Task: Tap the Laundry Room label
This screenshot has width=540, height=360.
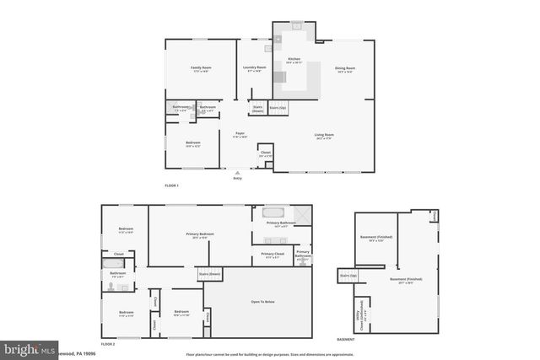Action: (x=256, y=67)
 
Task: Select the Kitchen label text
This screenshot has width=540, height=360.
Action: (x=294, y=59)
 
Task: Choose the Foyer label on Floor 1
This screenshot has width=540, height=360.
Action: (x=240, y=134)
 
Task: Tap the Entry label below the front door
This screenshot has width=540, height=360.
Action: (x=236, y=179)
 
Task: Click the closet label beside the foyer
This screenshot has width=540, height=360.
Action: (x=266, y=153)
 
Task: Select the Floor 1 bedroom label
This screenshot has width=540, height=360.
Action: (x=193, y=142)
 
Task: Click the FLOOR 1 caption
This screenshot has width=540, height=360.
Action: (x=172, y=185)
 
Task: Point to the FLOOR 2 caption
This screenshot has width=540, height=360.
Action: (x=108, y=344)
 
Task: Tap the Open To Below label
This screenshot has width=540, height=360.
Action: (x=263, y=301)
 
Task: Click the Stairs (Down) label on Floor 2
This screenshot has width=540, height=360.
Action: (x=209, y=274)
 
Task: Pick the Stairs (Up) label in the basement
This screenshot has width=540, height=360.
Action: (x=347, y=275)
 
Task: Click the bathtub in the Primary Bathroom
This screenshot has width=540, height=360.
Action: (x=276, y=212)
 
